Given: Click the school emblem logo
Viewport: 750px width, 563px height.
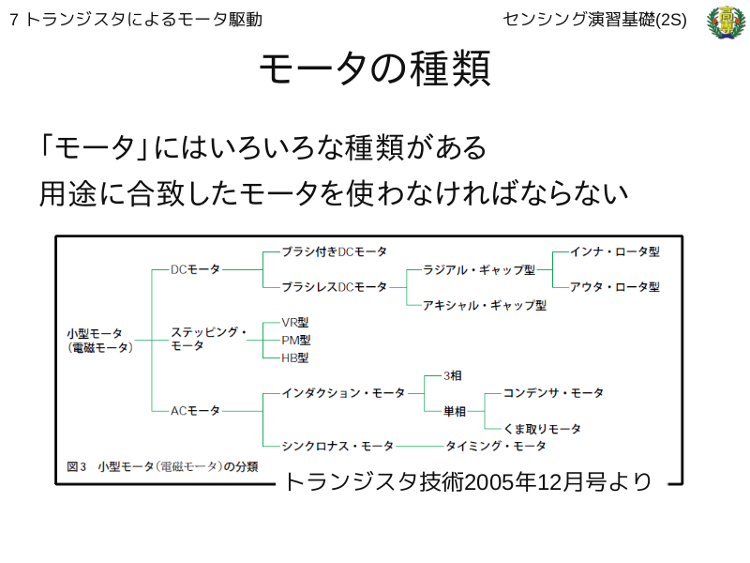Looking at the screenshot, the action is (726, 22).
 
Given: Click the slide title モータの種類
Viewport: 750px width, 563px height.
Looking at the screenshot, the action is (375, 68).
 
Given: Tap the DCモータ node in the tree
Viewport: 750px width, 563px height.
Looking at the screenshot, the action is (195, 269).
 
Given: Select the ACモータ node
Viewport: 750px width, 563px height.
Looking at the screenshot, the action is (195, 411).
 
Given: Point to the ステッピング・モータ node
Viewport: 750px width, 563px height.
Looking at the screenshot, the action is (208, 339).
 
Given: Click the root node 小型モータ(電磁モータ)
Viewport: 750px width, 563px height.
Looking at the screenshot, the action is (100, 341).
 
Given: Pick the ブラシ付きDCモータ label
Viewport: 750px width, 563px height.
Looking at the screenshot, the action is (334, 251).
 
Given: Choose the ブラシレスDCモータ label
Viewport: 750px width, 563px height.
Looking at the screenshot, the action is (334, 287).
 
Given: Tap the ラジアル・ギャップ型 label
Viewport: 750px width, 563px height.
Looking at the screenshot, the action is (479, 270).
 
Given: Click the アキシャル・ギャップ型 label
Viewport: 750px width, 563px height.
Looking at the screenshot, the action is (485, 306).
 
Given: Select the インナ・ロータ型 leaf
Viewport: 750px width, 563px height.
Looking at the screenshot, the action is (615, 251).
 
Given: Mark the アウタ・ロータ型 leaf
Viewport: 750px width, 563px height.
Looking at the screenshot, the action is (615, 287).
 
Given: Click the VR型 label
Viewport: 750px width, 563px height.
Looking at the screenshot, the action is (295, 323).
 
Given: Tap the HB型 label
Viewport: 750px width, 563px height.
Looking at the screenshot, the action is (295, 358).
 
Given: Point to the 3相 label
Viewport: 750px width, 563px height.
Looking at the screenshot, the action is (453, 376).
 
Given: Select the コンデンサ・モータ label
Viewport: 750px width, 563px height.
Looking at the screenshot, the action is (553, 393).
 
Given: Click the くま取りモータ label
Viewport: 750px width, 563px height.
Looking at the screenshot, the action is (542, 429).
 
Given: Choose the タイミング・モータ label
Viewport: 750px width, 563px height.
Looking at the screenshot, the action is (496, 447).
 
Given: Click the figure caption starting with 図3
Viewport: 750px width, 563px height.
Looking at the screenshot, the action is (162, 466).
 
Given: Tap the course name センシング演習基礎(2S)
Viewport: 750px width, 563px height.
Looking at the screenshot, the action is (594, 20).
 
